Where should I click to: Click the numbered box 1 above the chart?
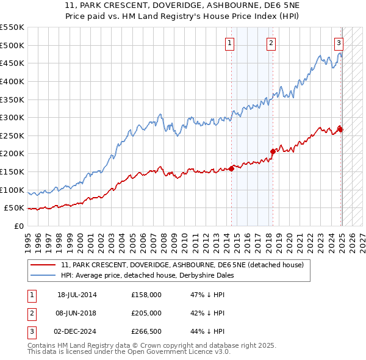pyautogui.click(x=230, y=43)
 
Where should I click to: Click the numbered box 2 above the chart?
pyautogui.click(x=270, y=43)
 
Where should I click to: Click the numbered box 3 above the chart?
pyautogui.click(x=339, y=43)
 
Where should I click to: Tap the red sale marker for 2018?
pyautogui.click(x=273, y=151)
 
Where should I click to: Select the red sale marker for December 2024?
pyautogui.click(x=340, y=129)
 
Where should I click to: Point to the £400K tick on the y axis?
pyautogui.click(x=13, y=81)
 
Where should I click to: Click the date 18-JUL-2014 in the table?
pyautogui.click(x=77, y=295)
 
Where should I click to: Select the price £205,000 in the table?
pyautogui.click(x=146, y=313)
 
